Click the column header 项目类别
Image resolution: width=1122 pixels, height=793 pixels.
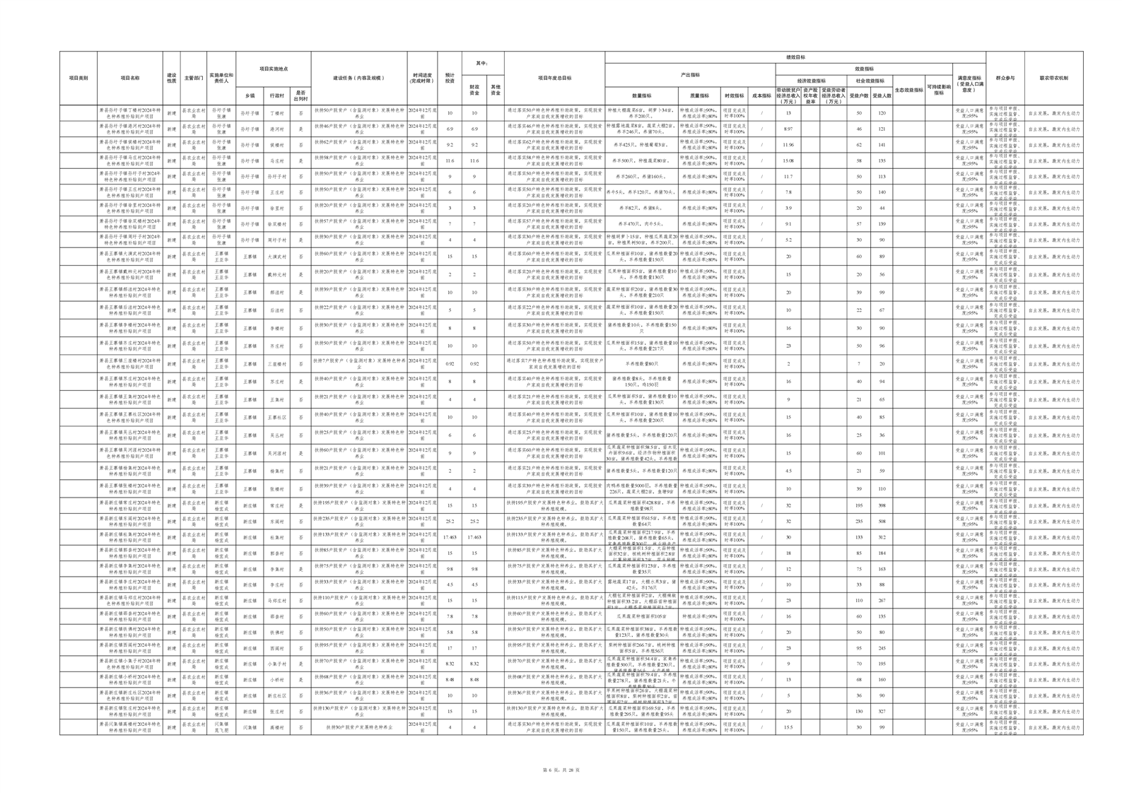(x=78, y=78)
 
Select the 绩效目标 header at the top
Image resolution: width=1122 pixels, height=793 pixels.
(x=795, y=57)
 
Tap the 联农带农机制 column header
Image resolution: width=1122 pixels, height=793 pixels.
(x=1053, y=78)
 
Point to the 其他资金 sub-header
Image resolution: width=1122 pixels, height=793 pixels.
(x=496, y=90)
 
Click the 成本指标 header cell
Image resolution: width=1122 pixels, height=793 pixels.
(x=761, y=95)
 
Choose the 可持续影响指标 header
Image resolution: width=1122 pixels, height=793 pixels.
(x=938, y=90)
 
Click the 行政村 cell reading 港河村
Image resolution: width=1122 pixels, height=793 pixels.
(x=277, y=129)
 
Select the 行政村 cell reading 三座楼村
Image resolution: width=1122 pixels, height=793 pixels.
(x=277, y=364)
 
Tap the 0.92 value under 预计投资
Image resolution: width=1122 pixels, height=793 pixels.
(x=450, y=364)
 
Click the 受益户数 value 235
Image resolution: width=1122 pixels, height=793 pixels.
(x=859, y=522)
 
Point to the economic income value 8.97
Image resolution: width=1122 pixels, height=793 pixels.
(x=788, y=129)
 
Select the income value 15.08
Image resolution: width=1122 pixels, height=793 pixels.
(x=788, y=161)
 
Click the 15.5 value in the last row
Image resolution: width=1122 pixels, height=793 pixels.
(x=788, y=727)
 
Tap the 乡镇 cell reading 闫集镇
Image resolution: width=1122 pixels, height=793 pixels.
(x=250, y=727)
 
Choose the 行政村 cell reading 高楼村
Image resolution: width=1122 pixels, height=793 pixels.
(x=277, y=727)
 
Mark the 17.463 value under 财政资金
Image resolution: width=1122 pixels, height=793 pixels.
(x=474, y=537)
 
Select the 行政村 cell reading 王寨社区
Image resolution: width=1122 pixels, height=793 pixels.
(x=277, y=418)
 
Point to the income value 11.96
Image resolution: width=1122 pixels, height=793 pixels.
(x=788, y=145)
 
